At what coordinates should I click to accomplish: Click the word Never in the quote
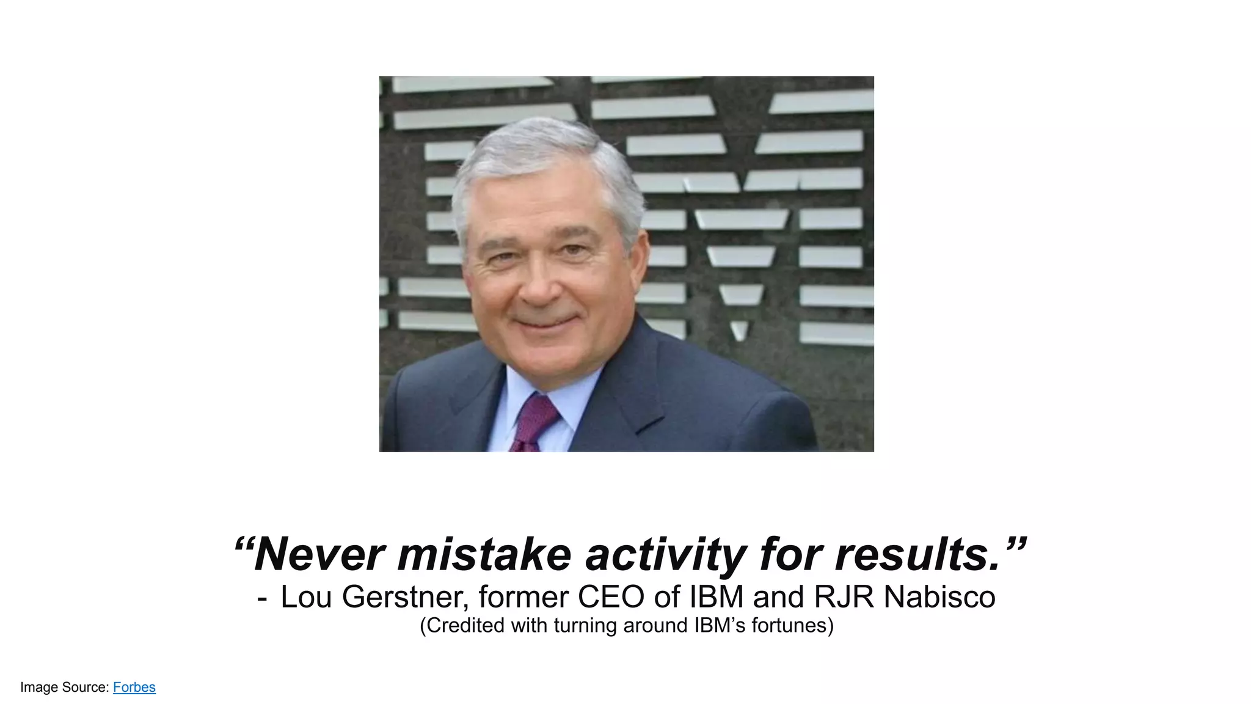pos(318,554)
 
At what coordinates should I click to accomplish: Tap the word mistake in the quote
pos(484,554)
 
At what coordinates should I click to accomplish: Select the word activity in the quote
pos(665,554)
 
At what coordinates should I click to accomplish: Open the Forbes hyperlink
pos(134,687)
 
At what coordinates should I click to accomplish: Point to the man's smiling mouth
pos(545,322)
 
